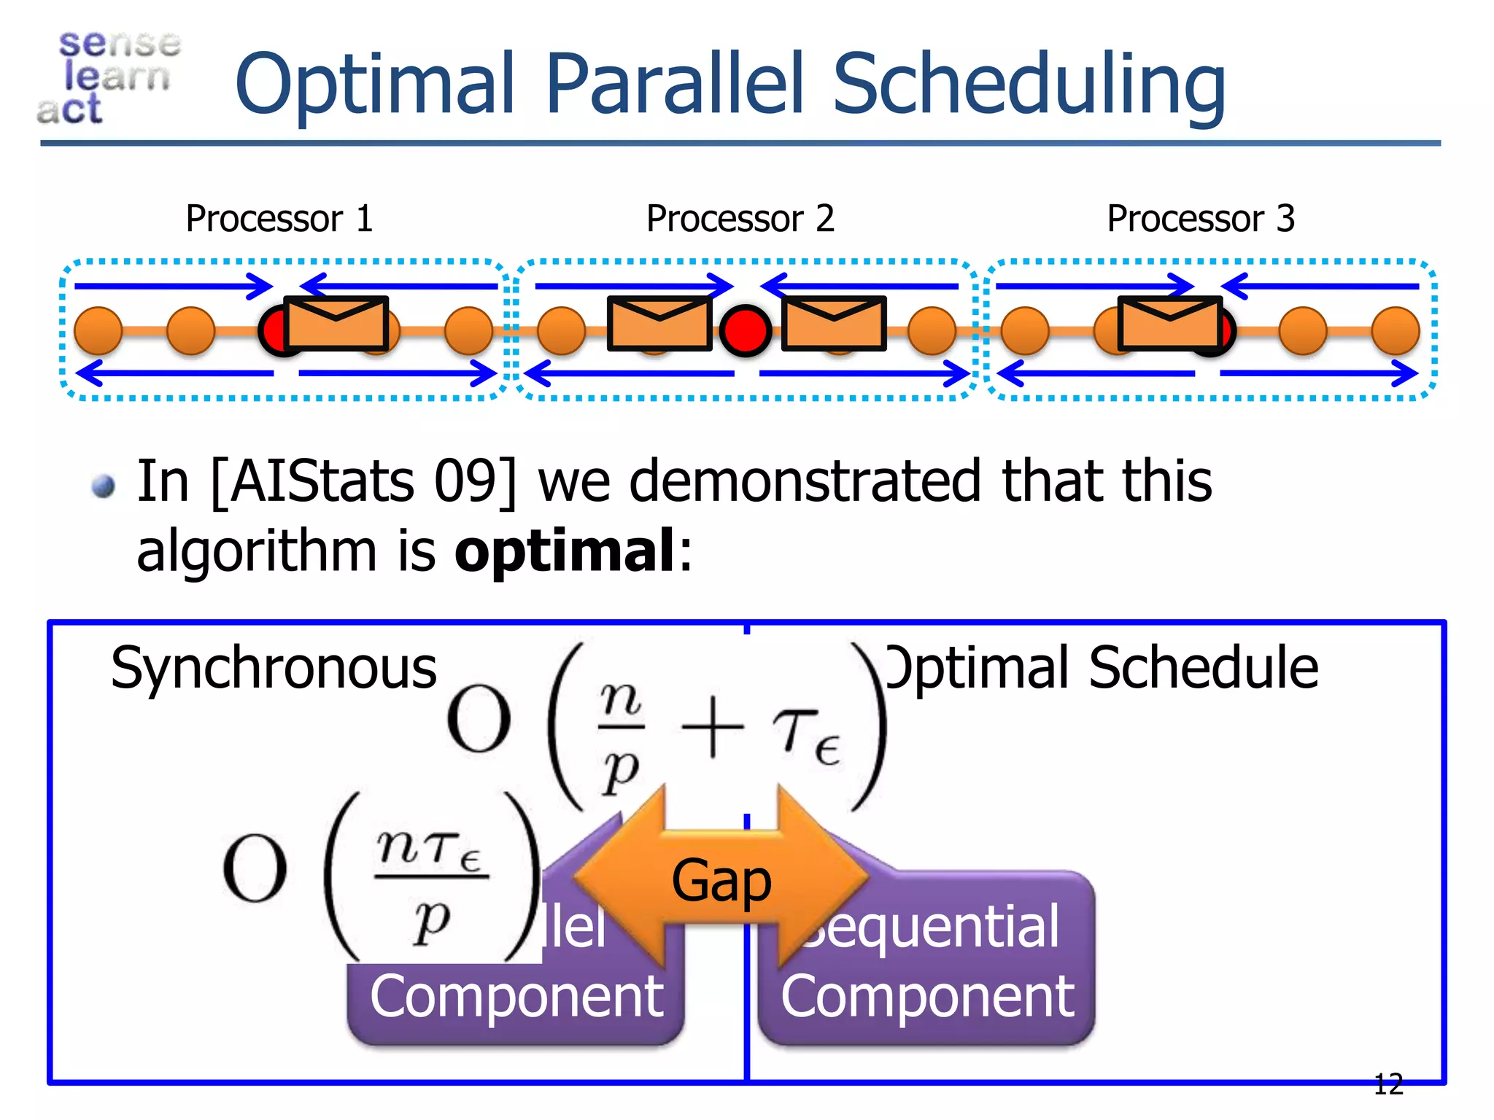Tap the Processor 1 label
[279, 219]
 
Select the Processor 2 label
[740, 219]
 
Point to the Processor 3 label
[1201, 219]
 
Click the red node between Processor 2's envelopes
[746, 330]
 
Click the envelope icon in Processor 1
[336, 323]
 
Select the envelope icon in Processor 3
[1169, 323]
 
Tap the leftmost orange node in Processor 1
[98, 330]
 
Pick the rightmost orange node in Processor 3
[1396, 330]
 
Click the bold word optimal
[565, 551]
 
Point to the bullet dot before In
[104, 486]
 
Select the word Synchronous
[274, 668]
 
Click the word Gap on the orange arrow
[721, 881]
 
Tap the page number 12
[1387, 1084]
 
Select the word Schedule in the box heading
[1204, 668]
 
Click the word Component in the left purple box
[516, 996]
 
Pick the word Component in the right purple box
[927, 996]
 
